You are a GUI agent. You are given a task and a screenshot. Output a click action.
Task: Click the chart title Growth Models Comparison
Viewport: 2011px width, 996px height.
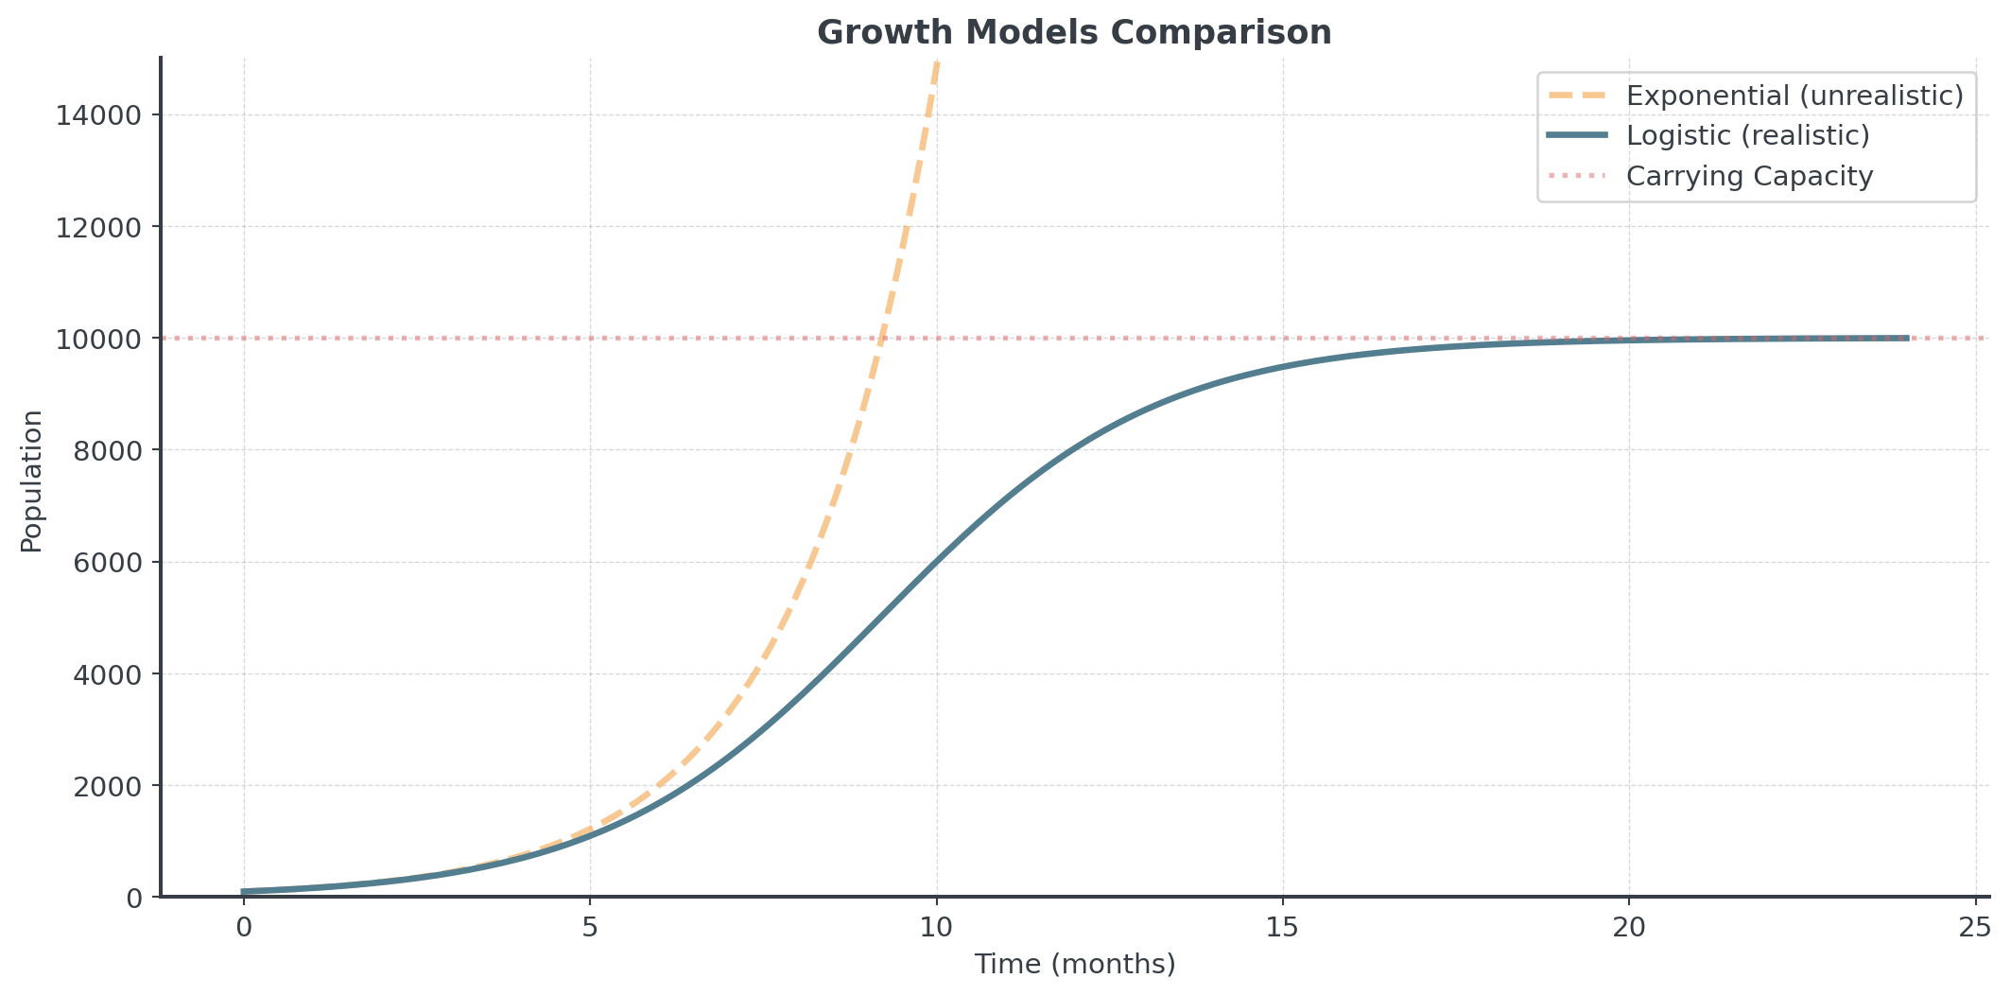tap(1074, 32)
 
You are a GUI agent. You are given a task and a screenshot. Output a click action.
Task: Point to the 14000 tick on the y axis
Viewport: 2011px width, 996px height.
tap(99, 115)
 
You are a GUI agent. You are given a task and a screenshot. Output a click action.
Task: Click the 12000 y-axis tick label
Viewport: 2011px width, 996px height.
tap(99, 227)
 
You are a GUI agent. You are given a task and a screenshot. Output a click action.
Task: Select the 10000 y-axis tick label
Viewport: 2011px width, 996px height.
tap(99, 339)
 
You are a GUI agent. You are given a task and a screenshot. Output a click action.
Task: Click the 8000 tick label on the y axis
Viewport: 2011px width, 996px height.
tap(107, 450)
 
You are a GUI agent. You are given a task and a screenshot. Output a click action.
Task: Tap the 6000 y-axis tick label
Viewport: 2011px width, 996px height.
tap(107, 563)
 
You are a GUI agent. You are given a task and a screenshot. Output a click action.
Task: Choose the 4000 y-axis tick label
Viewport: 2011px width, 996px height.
tap(107, 674)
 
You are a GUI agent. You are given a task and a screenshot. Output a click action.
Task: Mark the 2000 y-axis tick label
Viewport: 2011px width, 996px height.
tap(107, 786)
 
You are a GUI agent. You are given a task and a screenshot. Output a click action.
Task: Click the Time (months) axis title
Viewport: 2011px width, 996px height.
tap(1074, 964)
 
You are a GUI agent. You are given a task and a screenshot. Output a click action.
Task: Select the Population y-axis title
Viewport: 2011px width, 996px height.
tap(32, 481)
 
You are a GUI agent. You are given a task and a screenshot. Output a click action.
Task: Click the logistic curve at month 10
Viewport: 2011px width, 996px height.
tap(937, 561)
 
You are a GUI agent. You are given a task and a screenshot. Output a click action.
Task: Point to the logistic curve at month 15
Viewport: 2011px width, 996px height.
tap(1283, 366)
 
